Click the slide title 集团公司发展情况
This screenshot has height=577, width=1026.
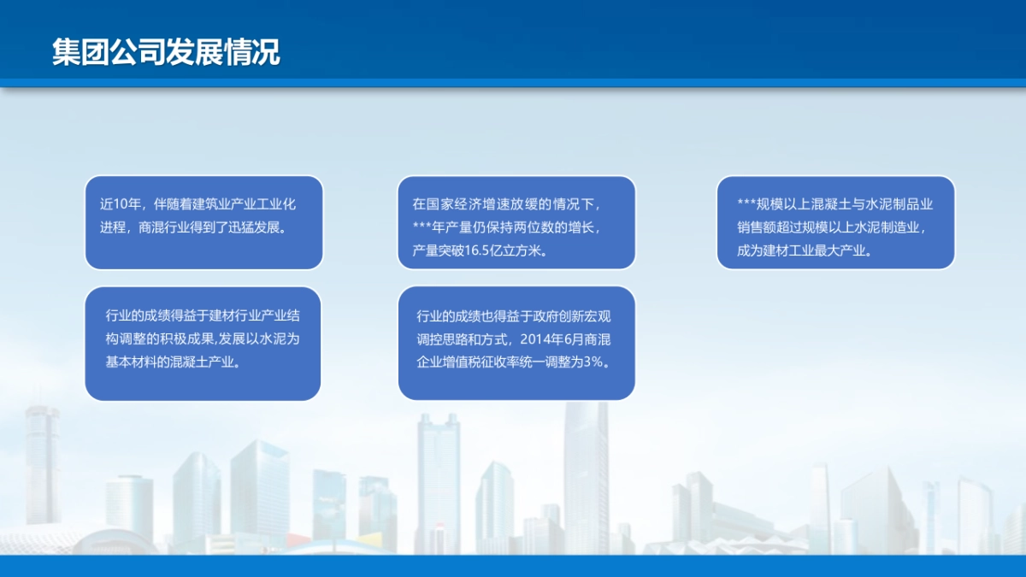[165, 52]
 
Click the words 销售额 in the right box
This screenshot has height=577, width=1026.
[756, 228]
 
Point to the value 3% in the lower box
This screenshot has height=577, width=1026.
[593, 362]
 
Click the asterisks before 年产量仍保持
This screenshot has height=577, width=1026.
[422, 228]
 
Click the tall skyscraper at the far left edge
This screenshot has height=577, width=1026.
[42, 466]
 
